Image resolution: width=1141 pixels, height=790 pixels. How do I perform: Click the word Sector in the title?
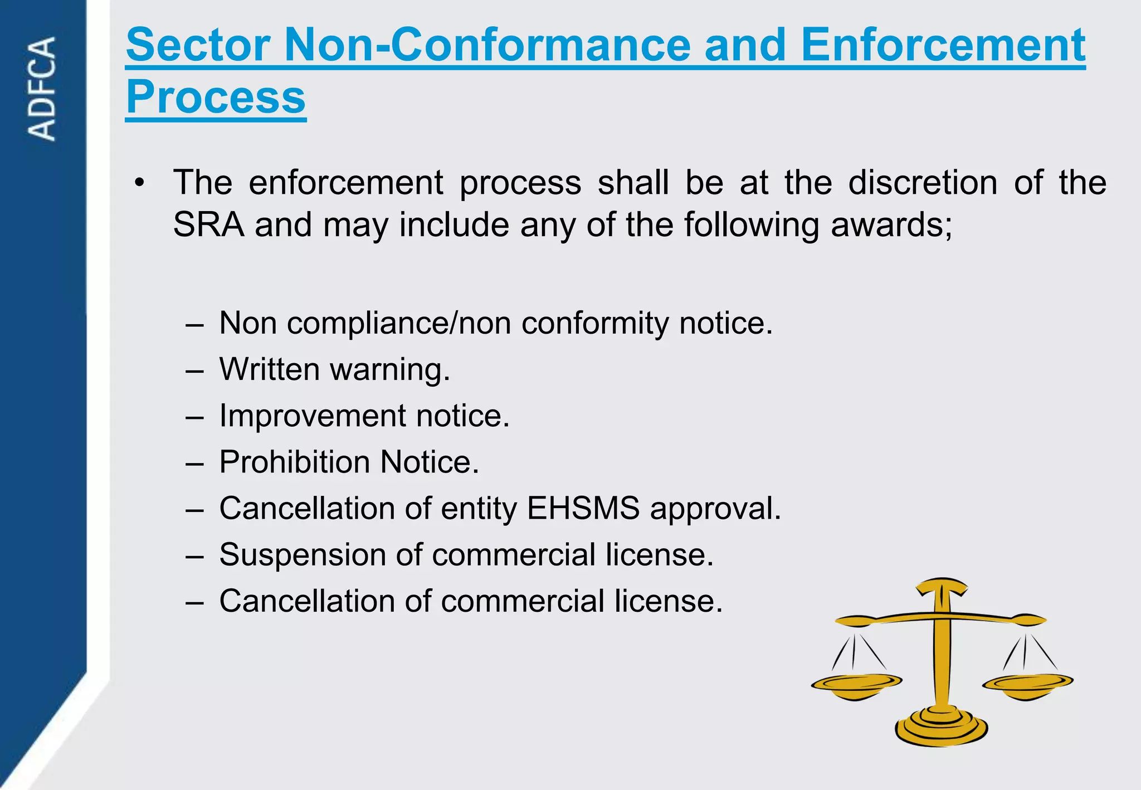[198, 46]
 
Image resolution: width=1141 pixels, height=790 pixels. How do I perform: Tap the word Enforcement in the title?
[943, 46]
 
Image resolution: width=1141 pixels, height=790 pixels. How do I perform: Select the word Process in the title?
[216, 97]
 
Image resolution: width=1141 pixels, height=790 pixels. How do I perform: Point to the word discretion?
[923, 183]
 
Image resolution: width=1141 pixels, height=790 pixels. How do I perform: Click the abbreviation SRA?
[208, 225]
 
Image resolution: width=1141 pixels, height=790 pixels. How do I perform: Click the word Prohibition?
[295, 462]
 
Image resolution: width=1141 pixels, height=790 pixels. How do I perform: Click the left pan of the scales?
[856, 685]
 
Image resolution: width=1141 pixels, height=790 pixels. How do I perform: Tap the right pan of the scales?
[1027, 685]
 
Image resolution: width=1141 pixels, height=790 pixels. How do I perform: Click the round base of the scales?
[941, 727]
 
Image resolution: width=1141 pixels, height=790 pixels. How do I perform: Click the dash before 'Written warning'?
[194, 370]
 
